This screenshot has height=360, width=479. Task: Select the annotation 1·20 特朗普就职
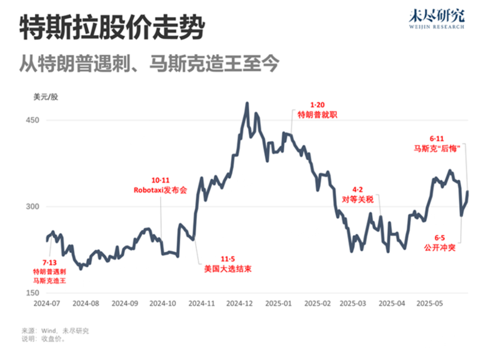click(x=317, y=110)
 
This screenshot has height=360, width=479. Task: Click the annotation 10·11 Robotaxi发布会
click(x=160, y=185)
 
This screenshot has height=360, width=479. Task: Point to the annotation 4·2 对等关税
click(x=356, y=195)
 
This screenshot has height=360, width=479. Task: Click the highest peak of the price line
click(x=247, y=103)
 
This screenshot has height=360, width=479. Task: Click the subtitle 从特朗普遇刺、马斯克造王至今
click(x=148, y=63)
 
